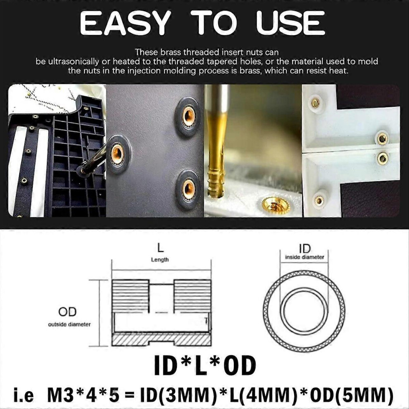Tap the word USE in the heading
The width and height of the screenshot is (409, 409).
[x=291, y=23]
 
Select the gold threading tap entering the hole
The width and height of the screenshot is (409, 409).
[x=217, y=146]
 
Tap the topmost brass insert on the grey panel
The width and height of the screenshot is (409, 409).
[x=188, y=117]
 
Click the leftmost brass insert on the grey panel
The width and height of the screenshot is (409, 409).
[x=118, y=154]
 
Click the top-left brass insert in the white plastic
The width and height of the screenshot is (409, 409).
[x=316, y=103]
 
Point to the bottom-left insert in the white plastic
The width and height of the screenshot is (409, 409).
[x=319, y=200]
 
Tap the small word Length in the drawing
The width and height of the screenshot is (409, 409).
[x=160, y=260]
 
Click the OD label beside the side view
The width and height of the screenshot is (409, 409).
[x=67, y=312]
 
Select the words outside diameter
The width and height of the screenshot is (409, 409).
[x=69, y=324]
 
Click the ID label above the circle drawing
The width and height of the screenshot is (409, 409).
[x=305, y=249]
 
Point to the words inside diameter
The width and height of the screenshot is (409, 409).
[x=304, y=257]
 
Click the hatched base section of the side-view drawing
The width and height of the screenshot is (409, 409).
[x=161, y=340]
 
